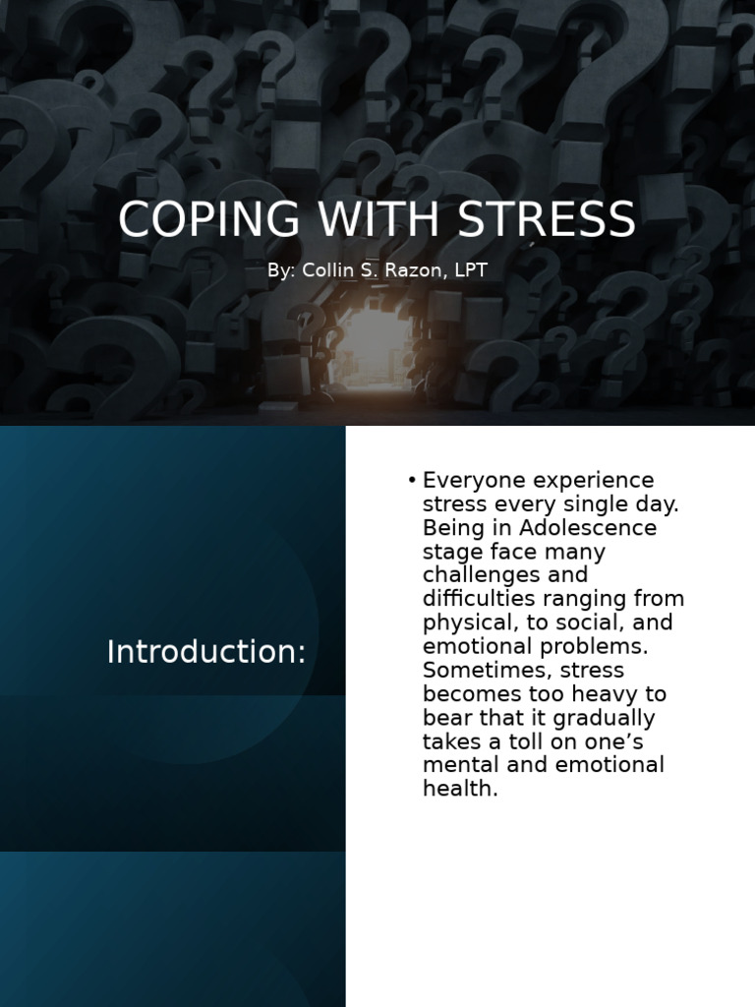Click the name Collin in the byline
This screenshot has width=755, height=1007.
[x=328, y=269]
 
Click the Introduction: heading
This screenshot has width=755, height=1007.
[x=206, y=651]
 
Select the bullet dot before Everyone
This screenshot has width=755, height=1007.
[x=411, y=481]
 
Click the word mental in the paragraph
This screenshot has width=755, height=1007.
[x=458, y=764]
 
